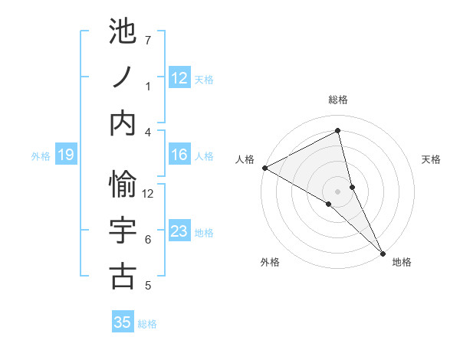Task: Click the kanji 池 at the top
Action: (x=123, y=31)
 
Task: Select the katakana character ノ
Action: (x=123, y=78)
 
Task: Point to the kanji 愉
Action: (x=123, y=184)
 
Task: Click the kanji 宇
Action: (x=123, y=231)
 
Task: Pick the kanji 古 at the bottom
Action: (x=123, y=277)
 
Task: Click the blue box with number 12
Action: (x=179, y=78)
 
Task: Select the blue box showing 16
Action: (x=179, y=155)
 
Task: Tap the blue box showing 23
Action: (x=179, y=231)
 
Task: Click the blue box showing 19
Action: (x=66, y=155)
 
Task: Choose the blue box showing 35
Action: (x=123, y=322)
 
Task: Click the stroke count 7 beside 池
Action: (x=148, y=40)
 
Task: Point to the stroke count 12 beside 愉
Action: (x=148, y=193)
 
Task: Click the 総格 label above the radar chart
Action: (x=338, y=100)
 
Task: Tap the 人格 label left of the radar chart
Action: (x=245, y=159)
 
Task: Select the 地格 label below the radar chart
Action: (x=402, y=262)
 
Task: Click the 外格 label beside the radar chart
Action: (x=270, y=262)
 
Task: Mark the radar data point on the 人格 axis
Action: (x=264, y=167)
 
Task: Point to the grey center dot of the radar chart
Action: (x=337, y=190)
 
